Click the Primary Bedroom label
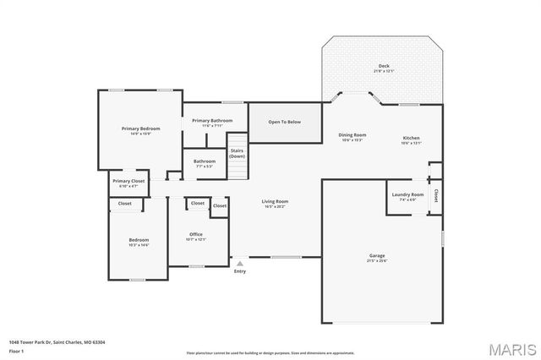tap(140, 128)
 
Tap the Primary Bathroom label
tap(212, 121)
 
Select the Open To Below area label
tap(285, 122)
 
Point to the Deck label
tap(383, 67)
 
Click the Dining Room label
tap(352, 135)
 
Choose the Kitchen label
tap(411, 138)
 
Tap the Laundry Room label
tap(407, 194)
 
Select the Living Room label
tap(275, 201)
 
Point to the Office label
tap(196, 234)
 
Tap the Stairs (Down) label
tap(237, 153)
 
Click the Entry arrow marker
tap(240, 264)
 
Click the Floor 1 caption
tap(16, 350)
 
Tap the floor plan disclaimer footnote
tap(270, 352)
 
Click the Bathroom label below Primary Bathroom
tap(205, 161)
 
